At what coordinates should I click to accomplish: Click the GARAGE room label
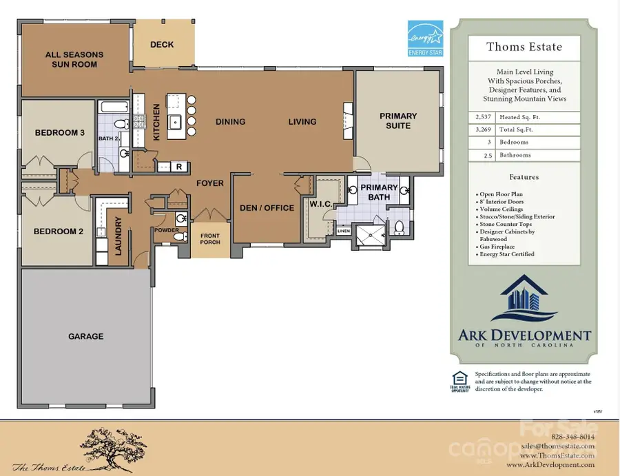coord(86,337)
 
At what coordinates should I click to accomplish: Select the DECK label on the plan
coord(162,45)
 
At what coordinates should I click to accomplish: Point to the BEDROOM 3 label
coord(59,132)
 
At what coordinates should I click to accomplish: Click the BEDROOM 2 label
coord(59,231)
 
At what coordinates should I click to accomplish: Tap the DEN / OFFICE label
coord(267,208)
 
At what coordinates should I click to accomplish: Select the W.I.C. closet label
coord(321,203)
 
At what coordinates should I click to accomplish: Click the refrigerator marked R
coord(179,166)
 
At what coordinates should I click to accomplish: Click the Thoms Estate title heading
coord(524,48)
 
